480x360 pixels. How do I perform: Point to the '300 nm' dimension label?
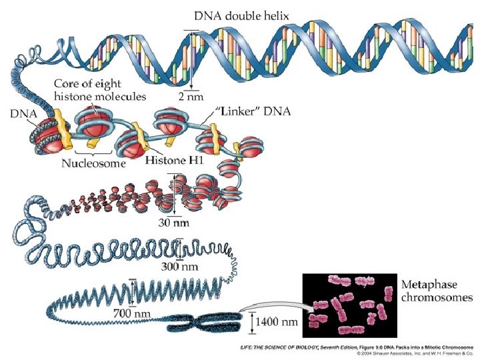[181, 267]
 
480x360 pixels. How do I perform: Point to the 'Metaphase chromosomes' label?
[437, 291]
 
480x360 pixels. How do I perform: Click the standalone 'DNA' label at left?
[23, 114]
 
